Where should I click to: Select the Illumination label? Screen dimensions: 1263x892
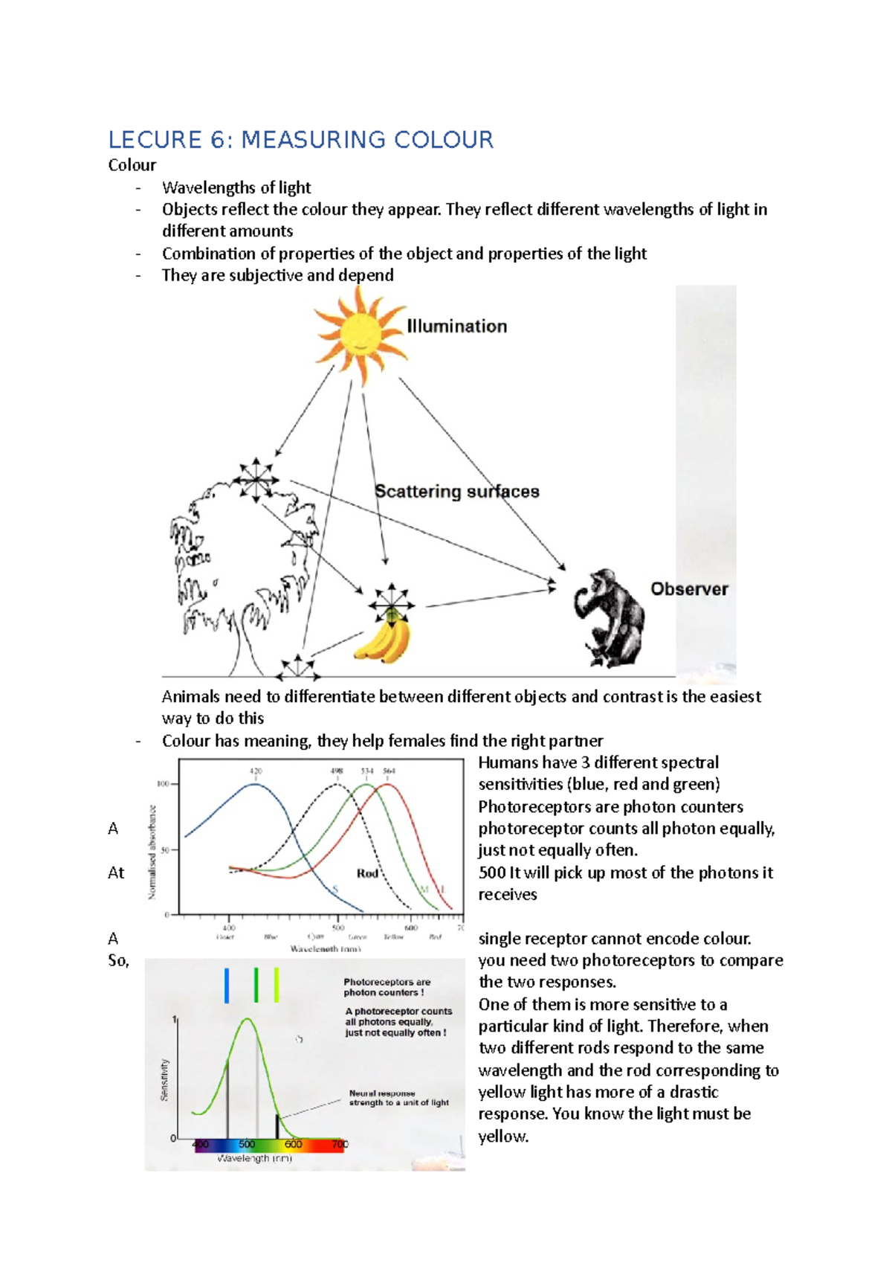(456, 326)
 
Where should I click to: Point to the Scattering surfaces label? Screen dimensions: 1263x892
(456, 492)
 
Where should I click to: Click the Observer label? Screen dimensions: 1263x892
(689, 589)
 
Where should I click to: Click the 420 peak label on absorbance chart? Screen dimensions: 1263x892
(256, 771)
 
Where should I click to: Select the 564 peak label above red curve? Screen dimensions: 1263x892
(389, 771)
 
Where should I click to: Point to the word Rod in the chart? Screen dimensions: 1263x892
(367, 873)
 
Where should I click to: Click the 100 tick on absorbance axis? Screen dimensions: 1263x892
(163, 784)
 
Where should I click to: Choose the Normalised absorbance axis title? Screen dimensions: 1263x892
(152, 852)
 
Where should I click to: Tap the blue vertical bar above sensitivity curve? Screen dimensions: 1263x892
(227, 985)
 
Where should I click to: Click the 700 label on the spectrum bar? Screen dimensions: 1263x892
(340, 1144)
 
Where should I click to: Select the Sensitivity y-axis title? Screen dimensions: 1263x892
(164, 1080)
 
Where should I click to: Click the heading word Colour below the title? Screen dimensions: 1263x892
(132, 165)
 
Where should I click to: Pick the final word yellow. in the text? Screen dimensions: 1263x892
(503, 1136)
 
